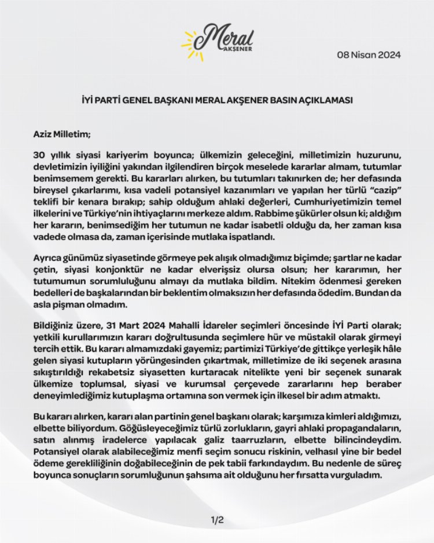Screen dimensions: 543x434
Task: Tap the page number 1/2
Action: (x=217, y=520)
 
